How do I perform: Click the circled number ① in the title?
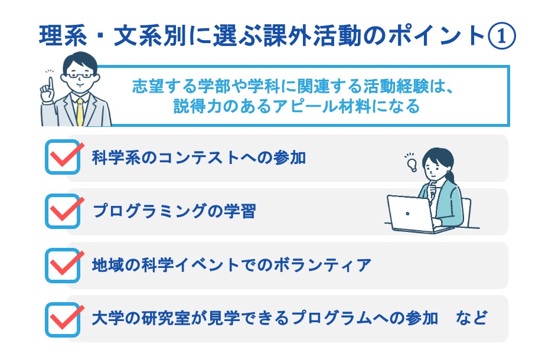coord(502,37)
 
